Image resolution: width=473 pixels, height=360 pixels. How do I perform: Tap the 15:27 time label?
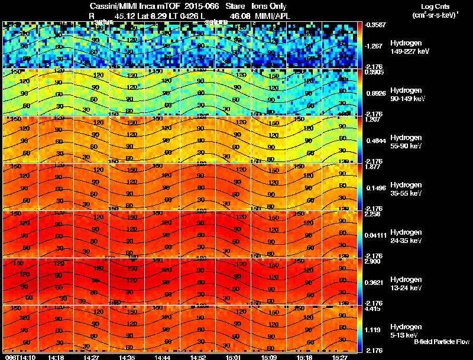tap(340, 357)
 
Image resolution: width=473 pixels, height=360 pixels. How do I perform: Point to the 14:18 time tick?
tap(56, 357)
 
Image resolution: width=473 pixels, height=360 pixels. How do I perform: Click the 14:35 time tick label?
tap(127, 357)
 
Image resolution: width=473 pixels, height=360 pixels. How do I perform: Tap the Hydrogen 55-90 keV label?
tap(406, 141)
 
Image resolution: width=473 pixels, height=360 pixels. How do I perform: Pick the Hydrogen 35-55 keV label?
tap(406, 189)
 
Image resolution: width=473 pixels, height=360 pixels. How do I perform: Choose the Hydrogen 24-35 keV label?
tap(406, 236)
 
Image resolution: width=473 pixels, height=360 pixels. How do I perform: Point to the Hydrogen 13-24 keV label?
tap(406, 283)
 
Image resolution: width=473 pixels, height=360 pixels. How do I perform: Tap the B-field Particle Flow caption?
tap(442, 342)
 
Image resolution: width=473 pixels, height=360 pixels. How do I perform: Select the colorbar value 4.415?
tap(372, 309)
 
